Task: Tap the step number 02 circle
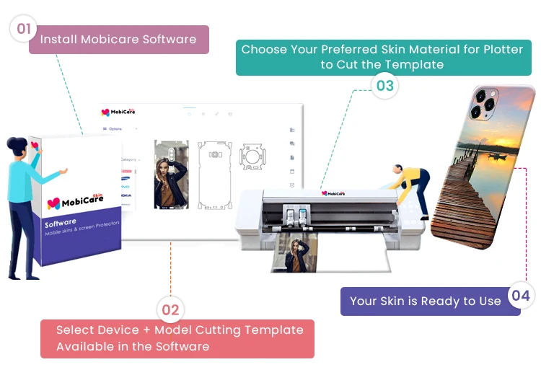click(x=170, y=311)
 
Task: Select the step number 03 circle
click(x=385, y=86)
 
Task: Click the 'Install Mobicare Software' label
click(x=118, y=40)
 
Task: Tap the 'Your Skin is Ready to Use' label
click(x=426, y=301)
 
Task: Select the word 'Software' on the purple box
click(x=61, y=224)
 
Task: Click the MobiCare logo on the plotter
click(x=335, y=193)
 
